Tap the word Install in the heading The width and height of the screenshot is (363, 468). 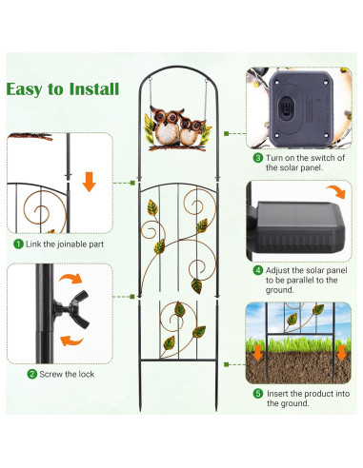point(91,89)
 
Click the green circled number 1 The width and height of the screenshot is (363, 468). point(19,244)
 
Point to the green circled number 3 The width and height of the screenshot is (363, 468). point(258,157)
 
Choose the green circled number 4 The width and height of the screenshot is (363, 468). point(258,269)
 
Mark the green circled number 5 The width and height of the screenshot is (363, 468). point(258,392)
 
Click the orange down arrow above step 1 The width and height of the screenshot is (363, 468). point(88,180)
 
